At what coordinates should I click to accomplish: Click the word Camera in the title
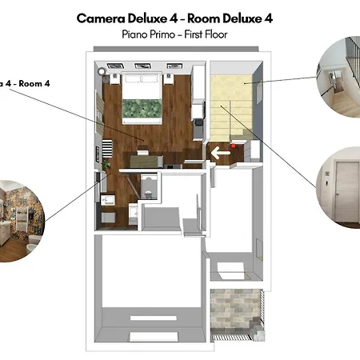click(x=101, y=18)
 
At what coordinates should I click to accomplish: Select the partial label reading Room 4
click(x=34, y=83)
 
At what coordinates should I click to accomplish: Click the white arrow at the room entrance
click(x=221, y=153)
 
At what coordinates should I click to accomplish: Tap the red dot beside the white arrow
click(x=233, y=146)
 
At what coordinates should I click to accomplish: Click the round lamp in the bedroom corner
click(x=102, y=71)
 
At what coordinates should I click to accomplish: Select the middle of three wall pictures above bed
click(x=142, y=66)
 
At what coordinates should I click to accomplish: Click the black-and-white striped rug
click(x=107, y=148)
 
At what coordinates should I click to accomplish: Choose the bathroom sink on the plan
click(x=108, y=200)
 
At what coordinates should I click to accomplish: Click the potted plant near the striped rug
click(x=106, y=163)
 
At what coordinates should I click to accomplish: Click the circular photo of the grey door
click(x=338, y=187)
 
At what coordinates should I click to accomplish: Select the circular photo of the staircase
click(x=338, y=77)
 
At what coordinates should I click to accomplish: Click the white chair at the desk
click(x=142, y=152)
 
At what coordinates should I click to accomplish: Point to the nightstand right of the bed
click(x=169, y=79)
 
